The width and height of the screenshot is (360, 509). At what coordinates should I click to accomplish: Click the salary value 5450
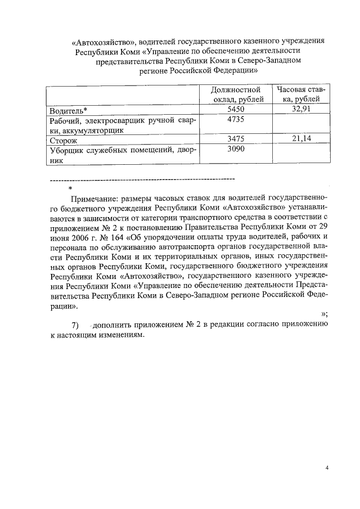point(236,110)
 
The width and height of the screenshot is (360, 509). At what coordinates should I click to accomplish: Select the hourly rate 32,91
point(301,109)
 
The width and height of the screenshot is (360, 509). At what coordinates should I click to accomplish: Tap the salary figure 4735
point(236,120)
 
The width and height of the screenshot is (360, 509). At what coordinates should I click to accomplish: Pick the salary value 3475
point(236,139)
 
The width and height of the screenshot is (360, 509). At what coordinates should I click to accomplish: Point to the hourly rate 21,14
point(301,139)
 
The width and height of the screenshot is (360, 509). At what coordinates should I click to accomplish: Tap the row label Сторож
point(63,141)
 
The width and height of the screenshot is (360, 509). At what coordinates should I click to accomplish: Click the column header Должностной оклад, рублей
point(236,94)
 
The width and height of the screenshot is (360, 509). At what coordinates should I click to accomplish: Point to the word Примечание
point(93,199)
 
